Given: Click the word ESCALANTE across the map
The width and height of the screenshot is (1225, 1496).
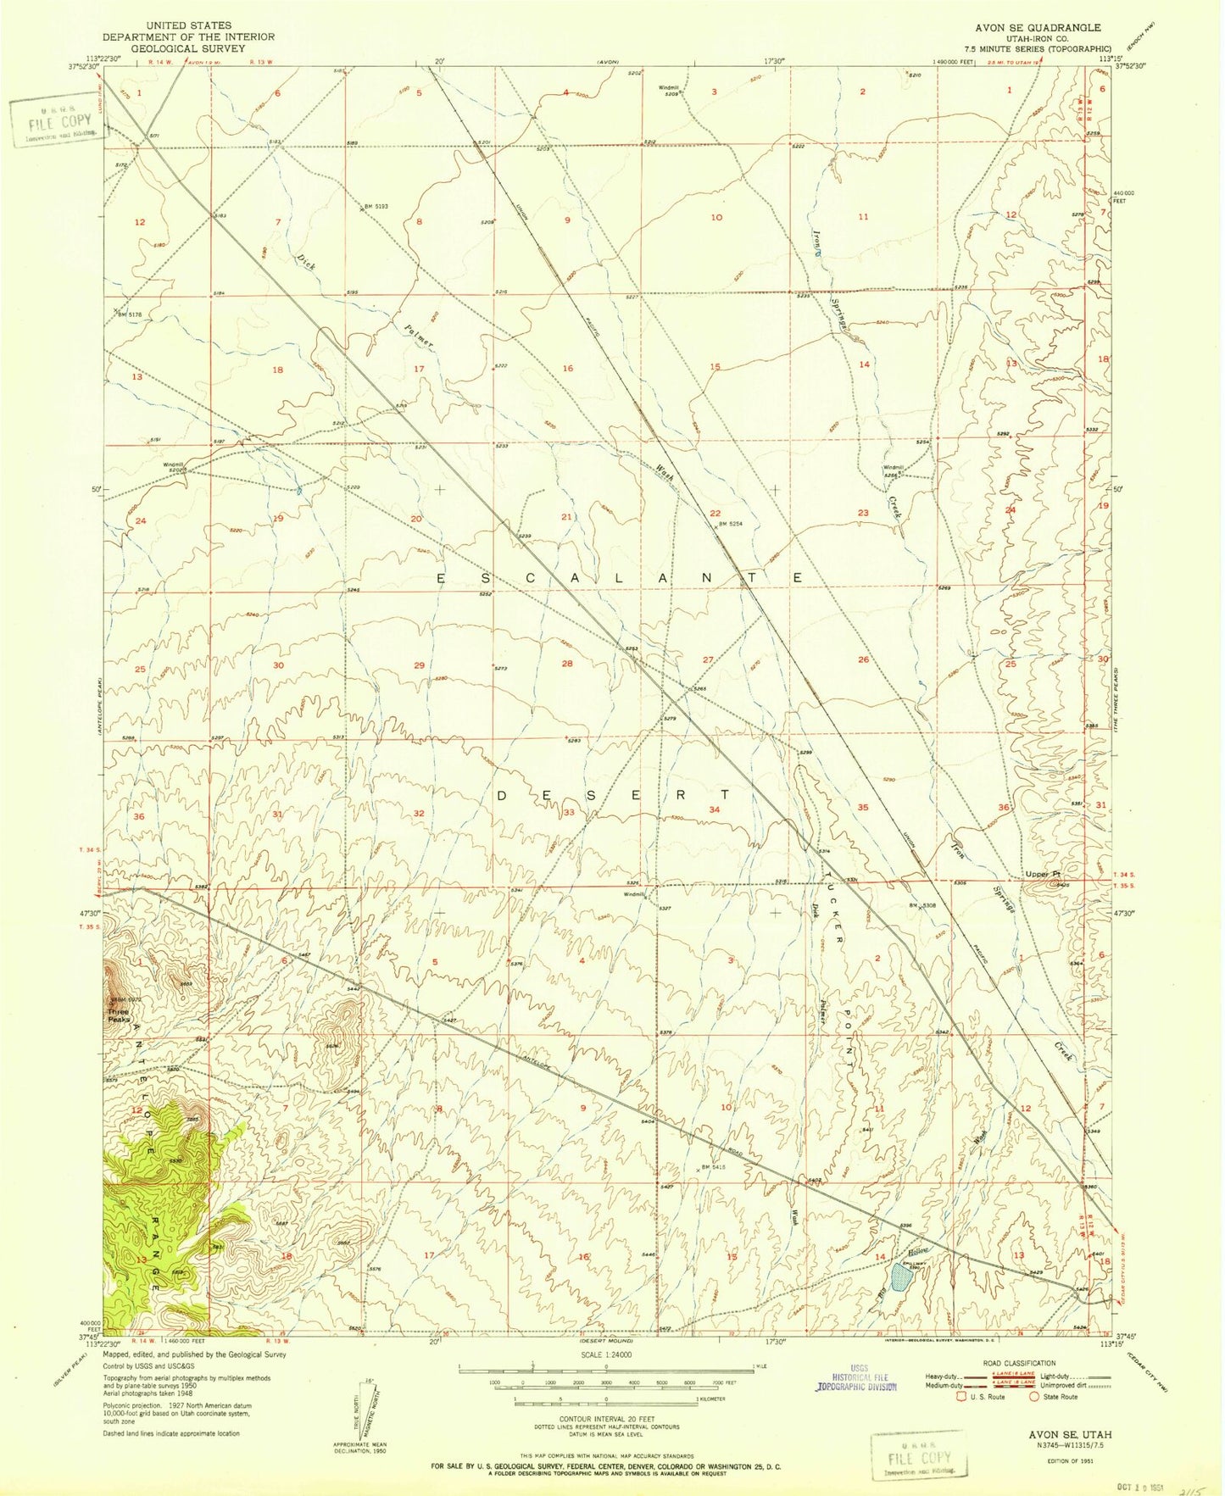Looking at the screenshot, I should (621, 578).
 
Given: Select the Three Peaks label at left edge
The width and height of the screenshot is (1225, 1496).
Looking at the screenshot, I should (118, 1015).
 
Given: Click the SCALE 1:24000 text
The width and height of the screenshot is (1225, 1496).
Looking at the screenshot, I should (606, 1355).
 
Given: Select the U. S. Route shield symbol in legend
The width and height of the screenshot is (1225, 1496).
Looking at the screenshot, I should (962, 1397).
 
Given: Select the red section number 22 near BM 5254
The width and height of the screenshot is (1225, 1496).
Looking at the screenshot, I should (716, 514).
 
